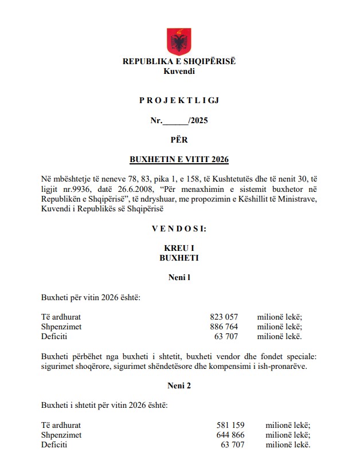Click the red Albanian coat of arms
179,41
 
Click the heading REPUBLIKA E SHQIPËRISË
179,62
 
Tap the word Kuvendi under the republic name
179,71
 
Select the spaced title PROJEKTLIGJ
179,101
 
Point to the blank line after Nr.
175,121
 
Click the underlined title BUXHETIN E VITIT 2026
179,159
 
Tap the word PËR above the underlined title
179,139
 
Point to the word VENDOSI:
179,229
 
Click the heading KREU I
179,249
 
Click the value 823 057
224,317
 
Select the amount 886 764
224,327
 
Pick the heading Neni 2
179,386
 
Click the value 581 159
231,425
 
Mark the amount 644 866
231,435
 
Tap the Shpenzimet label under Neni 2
61,435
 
